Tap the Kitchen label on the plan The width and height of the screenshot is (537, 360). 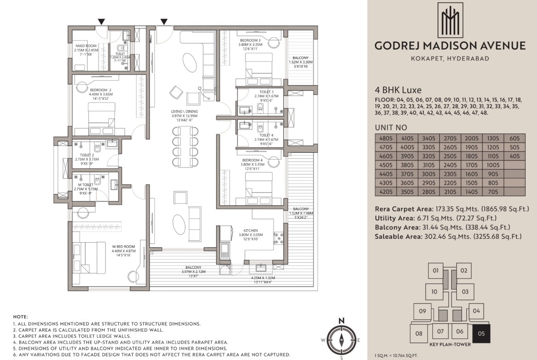[251, 231]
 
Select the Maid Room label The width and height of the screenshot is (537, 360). [86, 46]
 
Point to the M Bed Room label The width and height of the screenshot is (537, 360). [123, 247]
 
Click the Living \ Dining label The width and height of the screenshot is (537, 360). [185, 111]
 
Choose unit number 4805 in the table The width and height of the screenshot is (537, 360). [386, 138]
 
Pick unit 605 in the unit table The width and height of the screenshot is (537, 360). [515, 138]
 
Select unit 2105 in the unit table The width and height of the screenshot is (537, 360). [450, 192]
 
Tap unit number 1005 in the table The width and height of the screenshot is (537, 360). [493, 165]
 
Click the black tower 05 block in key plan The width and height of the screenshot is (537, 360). [481, 334]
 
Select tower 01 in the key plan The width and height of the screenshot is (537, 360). [436, 271]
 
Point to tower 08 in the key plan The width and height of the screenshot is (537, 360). [419, 334]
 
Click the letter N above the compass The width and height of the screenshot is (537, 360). [341, 321]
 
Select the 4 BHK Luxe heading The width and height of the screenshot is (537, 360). [398, 90]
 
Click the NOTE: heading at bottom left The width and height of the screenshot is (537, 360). [21, 317]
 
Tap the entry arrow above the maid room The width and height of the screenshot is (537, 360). [101, 22]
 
